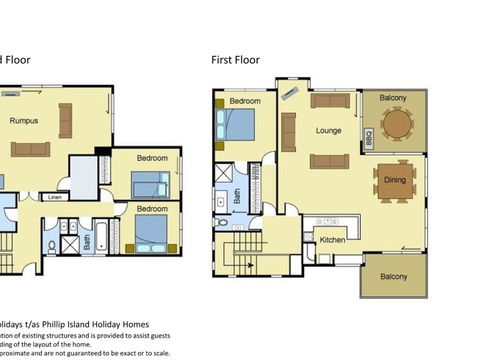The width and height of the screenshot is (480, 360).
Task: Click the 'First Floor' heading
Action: pyautogui.click(x=235, y=60)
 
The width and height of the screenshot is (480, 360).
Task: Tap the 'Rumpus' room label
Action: pyautogui.click(x=25, y=121)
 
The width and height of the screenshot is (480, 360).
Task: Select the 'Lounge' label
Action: pyautogui.click(x=329, y=130)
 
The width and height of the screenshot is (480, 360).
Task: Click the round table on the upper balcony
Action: pyautogui.click(x=397, y=123)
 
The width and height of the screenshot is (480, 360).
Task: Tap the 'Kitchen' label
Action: pyautogui.click(x=331, y=239)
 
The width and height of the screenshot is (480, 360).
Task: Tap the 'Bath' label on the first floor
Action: pyautogui.click(x=237, y=198)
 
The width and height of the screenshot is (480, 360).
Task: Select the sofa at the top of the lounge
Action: pyautogui.click(x=328, y=100)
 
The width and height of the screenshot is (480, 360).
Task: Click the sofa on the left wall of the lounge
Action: pyautogui.click(x=288, y=131)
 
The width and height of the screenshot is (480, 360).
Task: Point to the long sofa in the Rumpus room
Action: pyautogui.click(x=30, y=149)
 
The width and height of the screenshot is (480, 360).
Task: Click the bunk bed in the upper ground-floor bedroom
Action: pyautogui.click(x=151, y=184)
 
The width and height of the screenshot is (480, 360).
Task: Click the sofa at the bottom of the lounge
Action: pyautogui.click(x=329, y=161)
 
